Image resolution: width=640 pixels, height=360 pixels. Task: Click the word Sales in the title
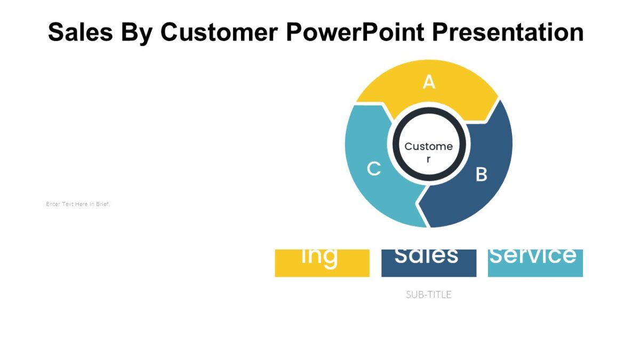click(x=80, y=33)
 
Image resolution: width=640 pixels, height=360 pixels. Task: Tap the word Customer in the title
click(x=219, y=33)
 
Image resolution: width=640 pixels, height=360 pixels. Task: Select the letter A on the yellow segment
click(x=429, y=82)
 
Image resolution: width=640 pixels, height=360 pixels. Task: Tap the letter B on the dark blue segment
click(x=481, y=174)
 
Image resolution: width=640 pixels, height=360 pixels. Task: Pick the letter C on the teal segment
click(x=374, y=169)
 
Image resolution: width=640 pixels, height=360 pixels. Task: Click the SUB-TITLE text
click(x=428, y=294)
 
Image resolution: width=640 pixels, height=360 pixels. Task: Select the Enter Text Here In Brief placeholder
click(x=78, y=204)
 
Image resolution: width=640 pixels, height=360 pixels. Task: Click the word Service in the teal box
click(x=533, y=256)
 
